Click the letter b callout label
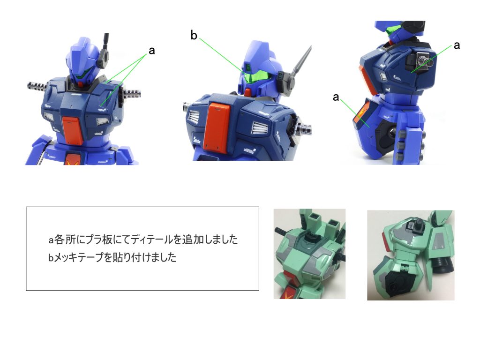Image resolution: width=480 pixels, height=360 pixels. click(194, 35)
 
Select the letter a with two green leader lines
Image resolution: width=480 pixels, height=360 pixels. click(151, 51)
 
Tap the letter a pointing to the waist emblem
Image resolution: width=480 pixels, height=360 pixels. click(336, 97)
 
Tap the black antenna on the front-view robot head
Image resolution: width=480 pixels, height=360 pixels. click(106, 41)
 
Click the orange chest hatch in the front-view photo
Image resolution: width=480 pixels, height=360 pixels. click(73, 130)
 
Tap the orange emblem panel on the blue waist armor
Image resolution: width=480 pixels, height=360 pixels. click(361, 113)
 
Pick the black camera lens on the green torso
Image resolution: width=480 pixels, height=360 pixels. click(444, 264)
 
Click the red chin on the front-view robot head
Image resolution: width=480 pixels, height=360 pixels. click(80, 84)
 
